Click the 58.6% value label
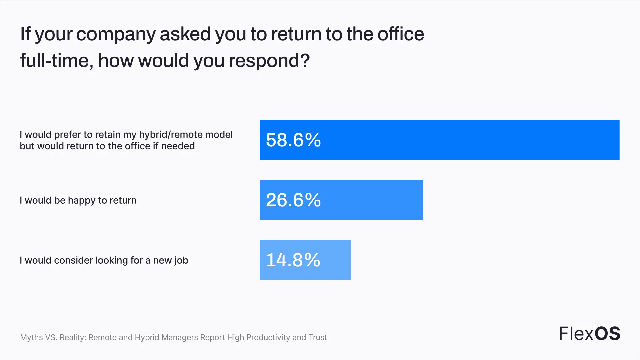[293, 140]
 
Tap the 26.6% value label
[293, 200]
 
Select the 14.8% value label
[293, 260]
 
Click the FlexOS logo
[589, 333]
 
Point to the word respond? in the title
[270, 61]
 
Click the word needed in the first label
[178, 146]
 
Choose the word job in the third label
[181, 261]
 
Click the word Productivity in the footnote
[268, 338]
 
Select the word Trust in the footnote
[318, 337]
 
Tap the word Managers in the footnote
[180, 338]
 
